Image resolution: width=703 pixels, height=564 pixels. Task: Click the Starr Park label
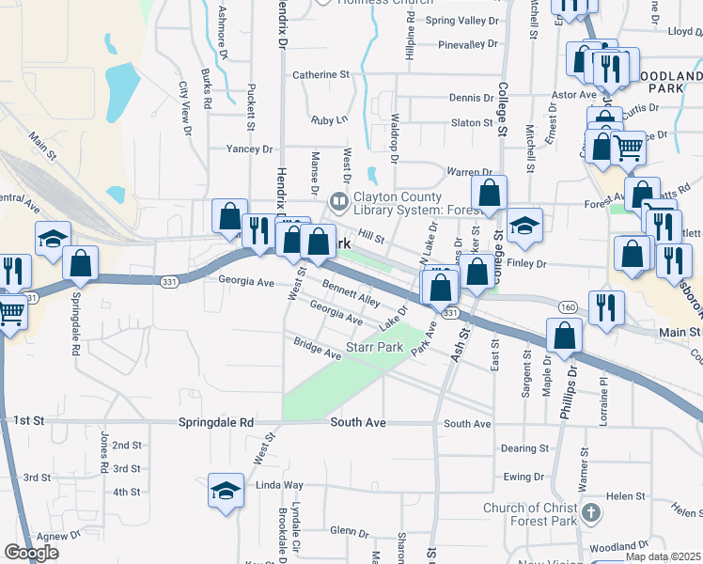coord(374,348)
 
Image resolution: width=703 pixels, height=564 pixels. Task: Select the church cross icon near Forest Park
coord(589,513)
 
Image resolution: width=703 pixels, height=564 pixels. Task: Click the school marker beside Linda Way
coord(225,491)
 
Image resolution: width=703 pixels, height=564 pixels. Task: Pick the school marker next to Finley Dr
coord(524,226)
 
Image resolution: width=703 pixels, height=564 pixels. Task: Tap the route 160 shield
coord(567,306)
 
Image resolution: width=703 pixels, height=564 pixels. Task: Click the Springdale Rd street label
coord(216,424)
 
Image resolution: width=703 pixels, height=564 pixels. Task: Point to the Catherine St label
coord(320,74)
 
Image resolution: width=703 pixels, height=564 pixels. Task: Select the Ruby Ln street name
coord(329,119)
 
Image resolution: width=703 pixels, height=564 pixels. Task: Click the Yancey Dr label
coord(249,149)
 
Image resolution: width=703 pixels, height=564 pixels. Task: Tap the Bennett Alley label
coord(351,293)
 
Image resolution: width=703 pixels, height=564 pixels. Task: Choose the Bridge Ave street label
coord(317,349)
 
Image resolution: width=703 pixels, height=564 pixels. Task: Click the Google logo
coord(32,552)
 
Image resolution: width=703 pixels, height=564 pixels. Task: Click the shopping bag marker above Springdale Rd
coord(81,264)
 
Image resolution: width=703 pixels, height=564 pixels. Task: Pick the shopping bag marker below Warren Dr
coord(489,195)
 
